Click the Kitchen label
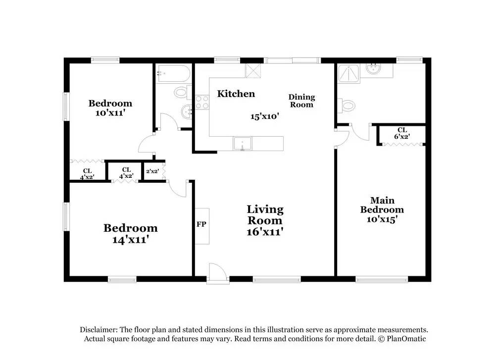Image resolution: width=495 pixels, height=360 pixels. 236,94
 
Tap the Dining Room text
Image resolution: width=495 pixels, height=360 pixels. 301,101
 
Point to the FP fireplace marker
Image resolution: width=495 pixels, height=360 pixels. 201,224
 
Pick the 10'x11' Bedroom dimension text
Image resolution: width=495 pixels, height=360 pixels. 110,112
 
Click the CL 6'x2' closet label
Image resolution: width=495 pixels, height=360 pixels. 401,133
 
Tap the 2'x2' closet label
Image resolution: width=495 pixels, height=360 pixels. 152,171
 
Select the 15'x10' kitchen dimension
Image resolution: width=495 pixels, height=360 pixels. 265,116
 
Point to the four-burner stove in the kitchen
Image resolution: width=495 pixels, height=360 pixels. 202,102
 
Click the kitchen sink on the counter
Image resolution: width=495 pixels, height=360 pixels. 242,144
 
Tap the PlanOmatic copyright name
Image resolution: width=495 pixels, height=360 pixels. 404,339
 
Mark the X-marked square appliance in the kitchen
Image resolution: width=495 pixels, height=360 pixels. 253,71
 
